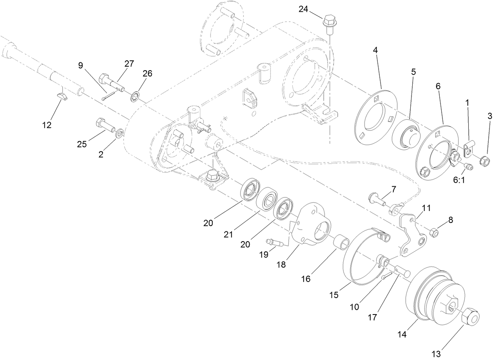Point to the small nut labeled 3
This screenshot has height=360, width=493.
click(485, 160)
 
